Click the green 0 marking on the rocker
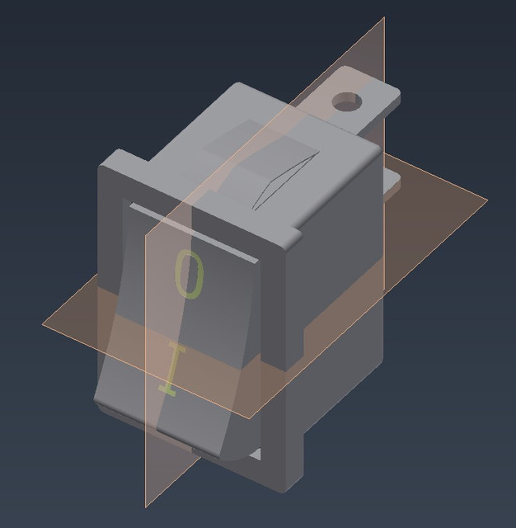pos(189,276)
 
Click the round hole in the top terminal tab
pos(346,102)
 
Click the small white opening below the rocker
pos(256,455)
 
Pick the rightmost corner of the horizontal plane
pos(486,200)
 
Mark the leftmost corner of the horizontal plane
pos(43,323)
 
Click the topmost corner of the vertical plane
pos(384,17)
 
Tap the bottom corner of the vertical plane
pos(147,506)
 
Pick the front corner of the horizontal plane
pos(251,417)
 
